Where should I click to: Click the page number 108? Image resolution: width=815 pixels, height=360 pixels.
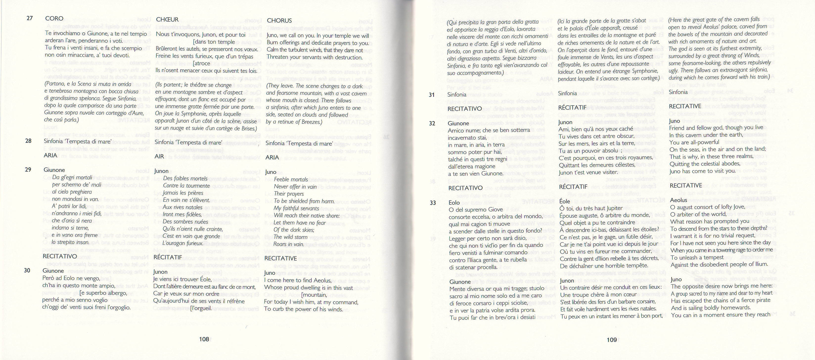[204, 339]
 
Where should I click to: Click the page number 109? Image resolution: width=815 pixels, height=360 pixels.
[611, 340]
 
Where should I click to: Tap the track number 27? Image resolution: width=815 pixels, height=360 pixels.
[30, 18]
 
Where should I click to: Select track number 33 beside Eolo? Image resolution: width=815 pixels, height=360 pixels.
[433, 203]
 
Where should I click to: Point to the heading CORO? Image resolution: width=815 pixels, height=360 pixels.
[54, 18]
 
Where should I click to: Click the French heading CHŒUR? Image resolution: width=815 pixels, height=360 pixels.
[167, 20]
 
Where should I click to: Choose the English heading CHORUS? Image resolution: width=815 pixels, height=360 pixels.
[279, 21]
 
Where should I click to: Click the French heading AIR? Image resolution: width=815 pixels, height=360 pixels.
[159, 156]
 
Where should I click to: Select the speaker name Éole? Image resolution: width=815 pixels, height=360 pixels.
[565, 201]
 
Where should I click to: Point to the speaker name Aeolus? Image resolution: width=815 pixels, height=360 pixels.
[678, 200]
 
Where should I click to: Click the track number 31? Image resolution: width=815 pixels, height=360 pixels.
[431, 95]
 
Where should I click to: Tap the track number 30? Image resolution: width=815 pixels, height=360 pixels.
[27, 270]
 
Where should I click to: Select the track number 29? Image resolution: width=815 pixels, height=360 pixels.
[28, 170]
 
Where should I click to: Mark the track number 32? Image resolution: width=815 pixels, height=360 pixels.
[432, 123]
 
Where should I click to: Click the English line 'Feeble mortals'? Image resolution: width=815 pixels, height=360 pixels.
[291, 179]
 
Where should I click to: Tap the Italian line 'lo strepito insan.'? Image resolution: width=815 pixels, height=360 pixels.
[70, 242]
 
